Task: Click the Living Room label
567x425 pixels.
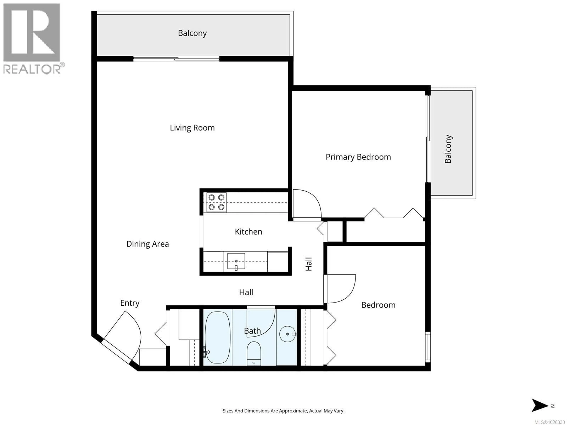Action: coord(192,128)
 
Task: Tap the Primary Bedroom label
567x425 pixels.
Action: coord(358,157)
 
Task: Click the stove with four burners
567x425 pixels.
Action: coord(216,202)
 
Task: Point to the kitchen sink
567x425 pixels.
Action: coord(236,261)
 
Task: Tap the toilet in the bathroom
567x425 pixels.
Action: coord(254,354)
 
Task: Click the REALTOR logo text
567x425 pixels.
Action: coord(32,69)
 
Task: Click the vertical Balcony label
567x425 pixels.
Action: coord(448,149)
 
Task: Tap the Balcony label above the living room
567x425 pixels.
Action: coord(192,33)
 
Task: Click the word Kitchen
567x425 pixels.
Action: coord(248,232)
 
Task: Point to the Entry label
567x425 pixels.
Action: coord(130,303)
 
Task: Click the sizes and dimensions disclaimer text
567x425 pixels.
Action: coord(283,411)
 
